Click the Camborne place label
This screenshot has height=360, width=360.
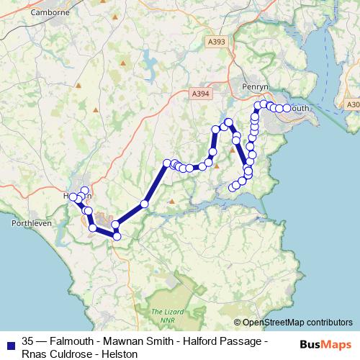[x=49, y=12]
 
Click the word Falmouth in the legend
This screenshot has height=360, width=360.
[x=75, y=340]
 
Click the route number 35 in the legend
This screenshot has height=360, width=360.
[x=28, y=340]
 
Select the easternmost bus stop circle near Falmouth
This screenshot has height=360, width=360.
[x=287, y=108]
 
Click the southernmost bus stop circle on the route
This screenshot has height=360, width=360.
[x=117, y=236]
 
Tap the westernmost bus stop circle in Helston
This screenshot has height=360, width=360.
[x=73, y=197]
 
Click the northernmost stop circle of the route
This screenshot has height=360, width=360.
[x=258, y=105]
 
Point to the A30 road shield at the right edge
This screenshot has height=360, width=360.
[x=352, y=104]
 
